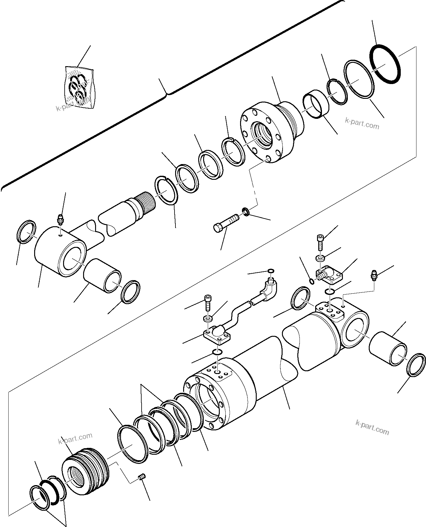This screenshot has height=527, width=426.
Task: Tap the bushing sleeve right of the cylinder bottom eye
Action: point(388,348)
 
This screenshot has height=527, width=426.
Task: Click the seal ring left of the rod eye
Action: point(26,232)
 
